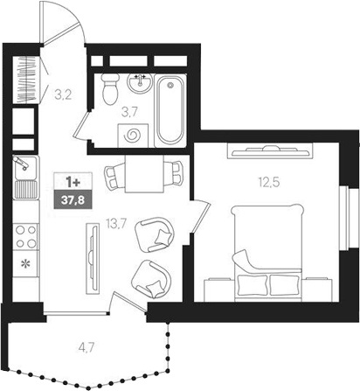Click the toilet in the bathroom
[x=111, y=88]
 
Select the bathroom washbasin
[x=139, y=84]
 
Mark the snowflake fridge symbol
[x=24, y=262]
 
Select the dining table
[x=140, y=174]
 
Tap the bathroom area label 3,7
[x=129, y=111]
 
